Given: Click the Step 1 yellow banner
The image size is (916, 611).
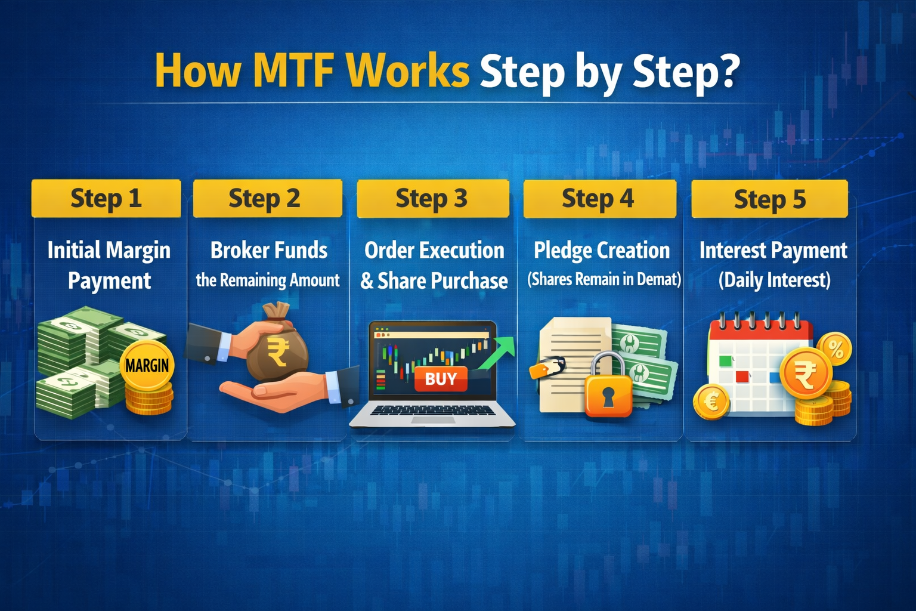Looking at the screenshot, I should [x=106, y=199].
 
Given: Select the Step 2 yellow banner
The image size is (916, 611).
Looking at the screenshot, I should [x=267, y=199].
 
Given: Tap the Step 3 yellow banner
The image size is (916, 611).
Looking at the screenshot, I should [x=432, y=199].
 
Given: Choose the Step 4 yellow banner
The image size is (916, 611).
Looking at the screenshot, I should [x=599, y=199].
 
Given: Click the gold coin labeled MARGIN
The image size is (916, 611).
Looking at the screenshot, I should [x=147, y=365].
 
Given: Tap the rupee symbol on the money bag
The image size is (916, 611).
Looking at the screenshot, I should [x=278, y=352].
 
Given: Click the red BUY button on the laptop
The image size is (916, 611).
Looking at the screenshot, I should [x=441, y=379].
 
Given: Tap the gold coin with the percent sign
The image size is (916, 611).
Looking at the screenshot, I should [x=834, y=349].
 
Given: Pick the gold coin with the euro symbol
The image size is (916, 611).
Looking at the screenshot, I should [x=711, y=402].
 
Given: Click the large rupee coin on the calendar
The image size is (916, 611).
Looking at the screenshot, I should [x=806, y=375].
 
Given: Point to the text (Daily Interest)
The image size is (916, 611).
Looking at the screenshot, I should [x=774, y=280].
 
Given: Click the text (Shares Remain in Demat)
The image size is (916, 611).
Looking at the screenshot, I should [x=604, y=279].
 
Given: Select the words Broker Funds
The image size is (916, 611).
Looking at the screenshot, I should [x=268, y=250].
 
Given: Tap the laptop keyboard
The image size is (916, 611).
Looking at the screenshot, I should [x=433, y=411].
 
